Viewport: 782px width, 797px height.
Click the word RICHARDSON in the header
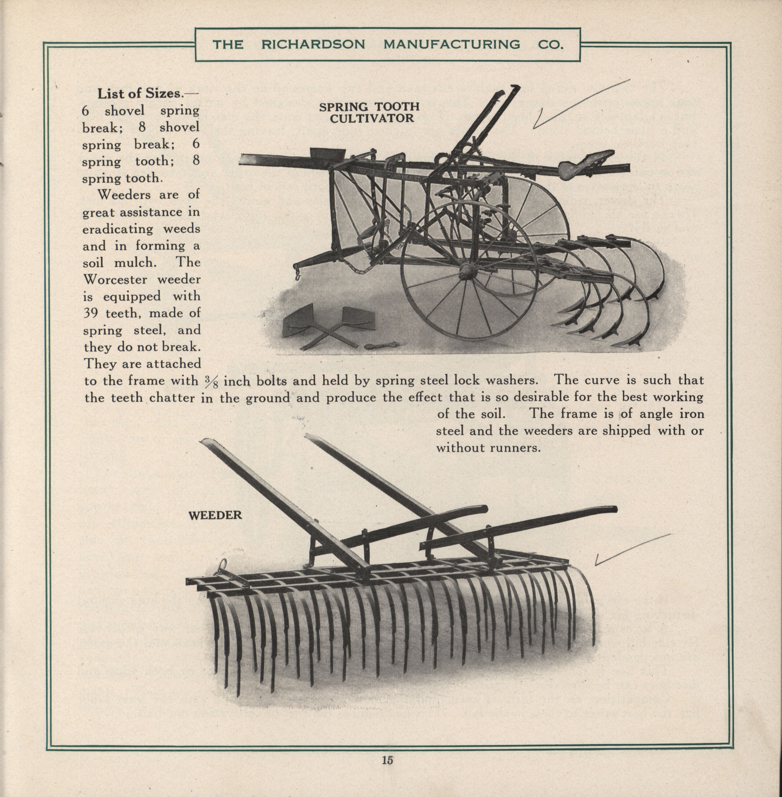click(x=313, y=44)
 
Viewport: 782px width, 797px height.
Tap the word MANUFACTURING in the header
click(x=452, y=44)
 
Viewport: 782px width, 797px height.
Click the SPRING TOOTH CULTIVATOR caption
click(x=369, y=113)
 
